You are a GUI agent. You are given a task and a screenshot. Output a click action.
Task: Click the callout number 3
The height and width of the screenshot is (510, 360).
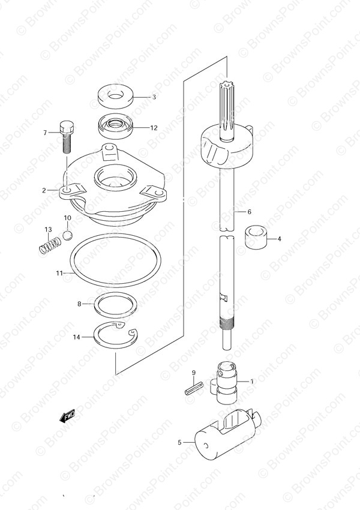(x=154, y=97)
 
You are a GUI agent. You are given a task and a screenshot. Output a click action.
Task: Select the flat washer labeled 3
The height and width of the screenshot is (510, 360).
(x=116, y=97)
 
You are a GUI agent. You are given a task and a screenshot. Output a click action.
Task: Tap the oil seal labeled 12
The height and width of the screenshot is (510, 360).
(x=116, y=127)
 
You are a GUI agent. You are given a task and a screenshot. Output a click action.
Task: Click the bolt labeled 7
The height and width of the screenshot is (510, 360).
(x=67, y=137)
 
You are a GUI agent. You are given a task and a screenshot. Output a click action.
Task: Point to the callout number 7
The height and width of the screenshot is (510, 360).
(x=45, y=133)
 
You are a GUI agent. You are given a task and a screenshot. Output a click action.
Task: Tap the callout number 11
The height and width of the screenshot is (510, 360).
(x=59, y=273)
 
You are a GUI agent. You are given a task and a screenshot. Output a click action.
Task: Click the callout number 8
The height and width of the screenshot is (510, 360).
(x=79, y=304)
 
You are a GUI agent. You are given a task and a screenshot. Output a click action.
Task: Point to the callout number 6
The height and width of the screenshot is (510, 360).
(x=249, y=212)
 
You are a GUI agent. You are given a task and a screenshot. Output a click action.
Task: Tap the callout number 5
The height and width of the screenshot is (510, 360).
(x=179, y=442)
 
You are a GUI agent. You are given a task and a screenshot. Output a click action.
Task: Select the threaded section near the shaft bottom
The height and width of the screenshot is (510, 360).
(x=227, y=325)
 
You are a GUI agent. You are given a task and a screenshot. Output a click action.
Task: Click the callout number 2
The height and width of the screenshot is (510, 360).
(x=44, y=190)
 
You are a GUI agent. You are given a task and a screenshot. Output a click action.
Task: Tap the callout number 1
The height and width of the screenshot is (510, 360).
(x=251, y=381)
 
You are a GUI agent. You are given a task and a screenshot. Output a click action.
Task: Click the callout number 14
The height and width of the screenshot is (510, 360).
(x=76, y=337)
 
